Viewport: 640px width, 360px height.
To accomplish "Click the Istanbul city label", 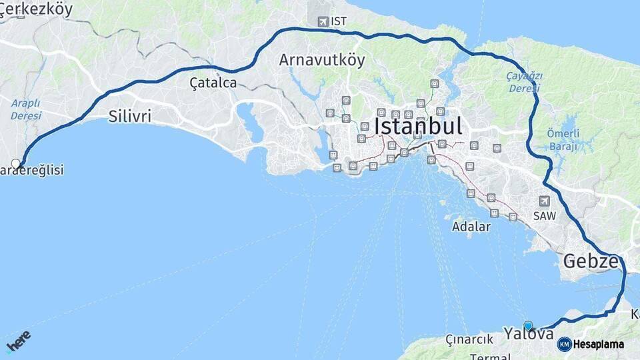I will pos(418,126).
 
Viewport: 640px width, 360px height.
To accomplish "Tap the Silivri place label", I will pos(129,116).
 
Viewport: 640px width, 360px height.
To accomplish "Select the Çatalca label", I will pos(213,83).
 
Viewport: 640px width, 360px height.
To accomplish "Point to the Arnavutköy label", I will pos(322,60).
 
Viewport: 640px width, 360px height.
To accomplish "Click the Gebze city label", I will pos(591,261).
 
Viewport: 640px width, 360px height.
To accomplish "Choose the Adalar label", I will pos(471,227).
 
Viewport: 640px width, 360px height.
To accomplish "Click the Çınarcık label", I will pos(469,339).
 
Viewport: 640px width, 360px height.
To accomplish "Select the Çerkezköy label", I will pos(37,9).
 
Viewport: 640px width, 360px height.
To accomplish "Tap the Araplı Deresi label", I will pos(26,109).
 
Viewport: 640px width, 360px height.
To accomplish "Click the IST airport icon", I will pos(323,21).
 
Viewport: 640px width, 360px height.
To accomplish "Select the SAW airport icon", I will pos(545,201).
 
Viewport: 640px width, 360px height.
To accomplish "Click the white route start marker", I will pos(16,163).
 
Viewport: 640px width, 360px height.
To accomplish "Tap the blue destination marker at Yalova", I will pos(528,325).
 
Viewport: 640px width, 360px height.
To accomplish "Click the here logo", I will pos(18,341).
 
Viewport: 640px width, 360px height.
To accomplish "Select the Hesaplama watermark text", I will pos(598,345).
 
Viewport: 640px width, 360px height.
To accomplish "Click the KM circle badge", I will pos(564,345).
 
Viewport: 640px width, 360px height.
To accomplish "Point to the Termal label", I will pos(490,356).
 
